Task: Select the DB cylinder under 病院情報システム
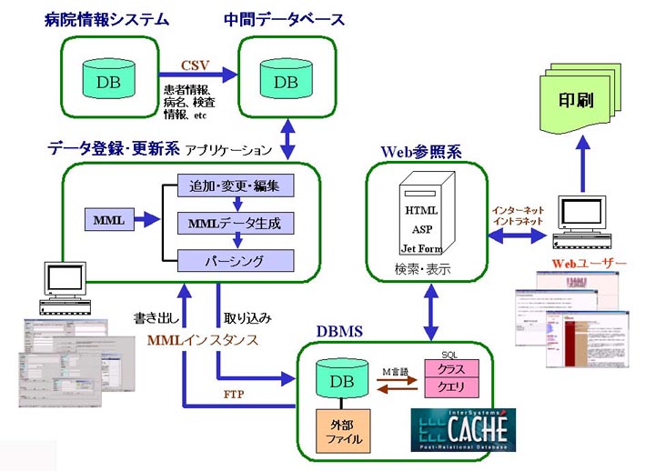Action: tap(108, 81)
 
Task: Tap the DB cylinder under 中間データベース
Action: tap(286, 81)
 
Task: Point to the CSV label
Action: tap(195, 65)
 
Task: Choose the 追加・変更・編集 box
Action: tap(235, 186)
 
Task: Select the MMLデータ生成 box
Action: tap(235, 223)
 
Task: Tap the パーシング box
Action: tap(235, 261)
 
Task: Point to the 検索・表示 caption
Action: tap(419, 270)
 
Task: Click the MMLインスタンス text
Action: tap(202, 340)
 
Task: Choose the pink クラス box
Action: tap(451, 370)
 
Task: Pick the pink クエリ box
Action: tap(451, 388)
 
